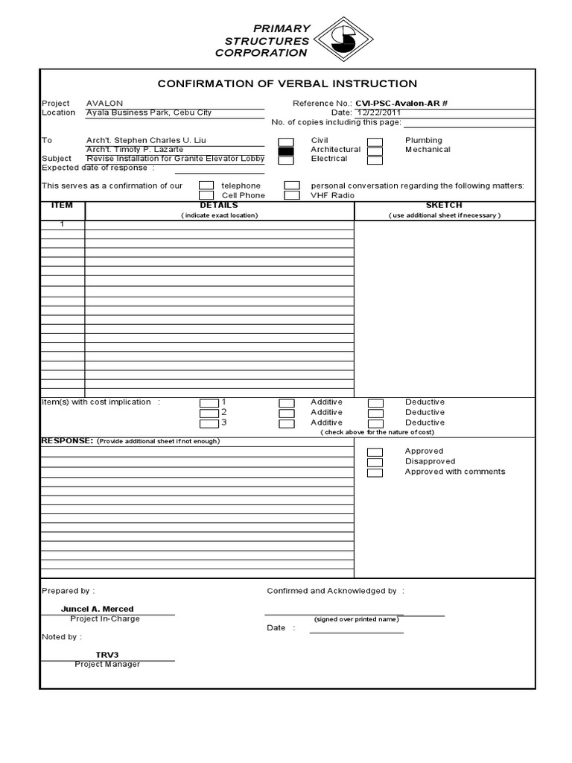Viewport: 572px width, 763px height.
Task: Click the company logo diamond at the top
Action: tap(343, 41)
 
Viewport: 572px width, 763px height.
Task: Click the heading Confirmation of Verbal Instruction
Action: tap(287, 83)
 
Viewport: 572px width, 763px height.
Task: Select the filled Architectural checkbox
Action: tap(286, 151)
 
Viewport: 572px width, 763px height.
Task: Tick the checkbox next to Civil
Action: tap(286, 141)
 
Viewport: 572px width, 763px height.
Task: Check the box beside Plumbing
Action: tap(375, 141)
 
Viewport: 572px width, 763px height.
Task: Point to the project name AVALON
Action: tap(105, 103)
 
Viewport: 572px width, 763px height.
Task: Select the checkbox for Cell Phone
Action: tap(206, 195)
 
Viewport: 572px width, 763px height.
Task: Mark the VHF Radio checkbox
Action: tap(292, 195)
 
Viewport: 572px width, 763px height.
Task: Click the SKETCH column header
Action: tap(444, 205)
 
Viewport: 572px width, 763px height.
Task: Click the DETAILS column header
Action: tap(219, 205)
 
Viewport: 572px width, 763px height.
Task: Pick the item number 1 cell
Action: tap(62, 224)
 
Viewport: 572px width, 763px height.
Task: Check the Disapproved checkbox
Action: tap(375, 462)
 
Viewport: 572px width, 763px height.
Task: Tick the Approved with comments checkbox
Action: tap(375, 472)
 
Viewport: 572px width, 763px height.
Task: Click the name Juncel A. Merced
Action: tap(98, 609)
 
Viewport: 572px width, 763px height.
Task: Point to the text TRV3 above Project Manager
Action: tap(107, 655)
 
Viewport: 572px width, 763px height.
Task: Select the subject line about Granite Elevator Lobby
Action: tap(175, 159)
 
